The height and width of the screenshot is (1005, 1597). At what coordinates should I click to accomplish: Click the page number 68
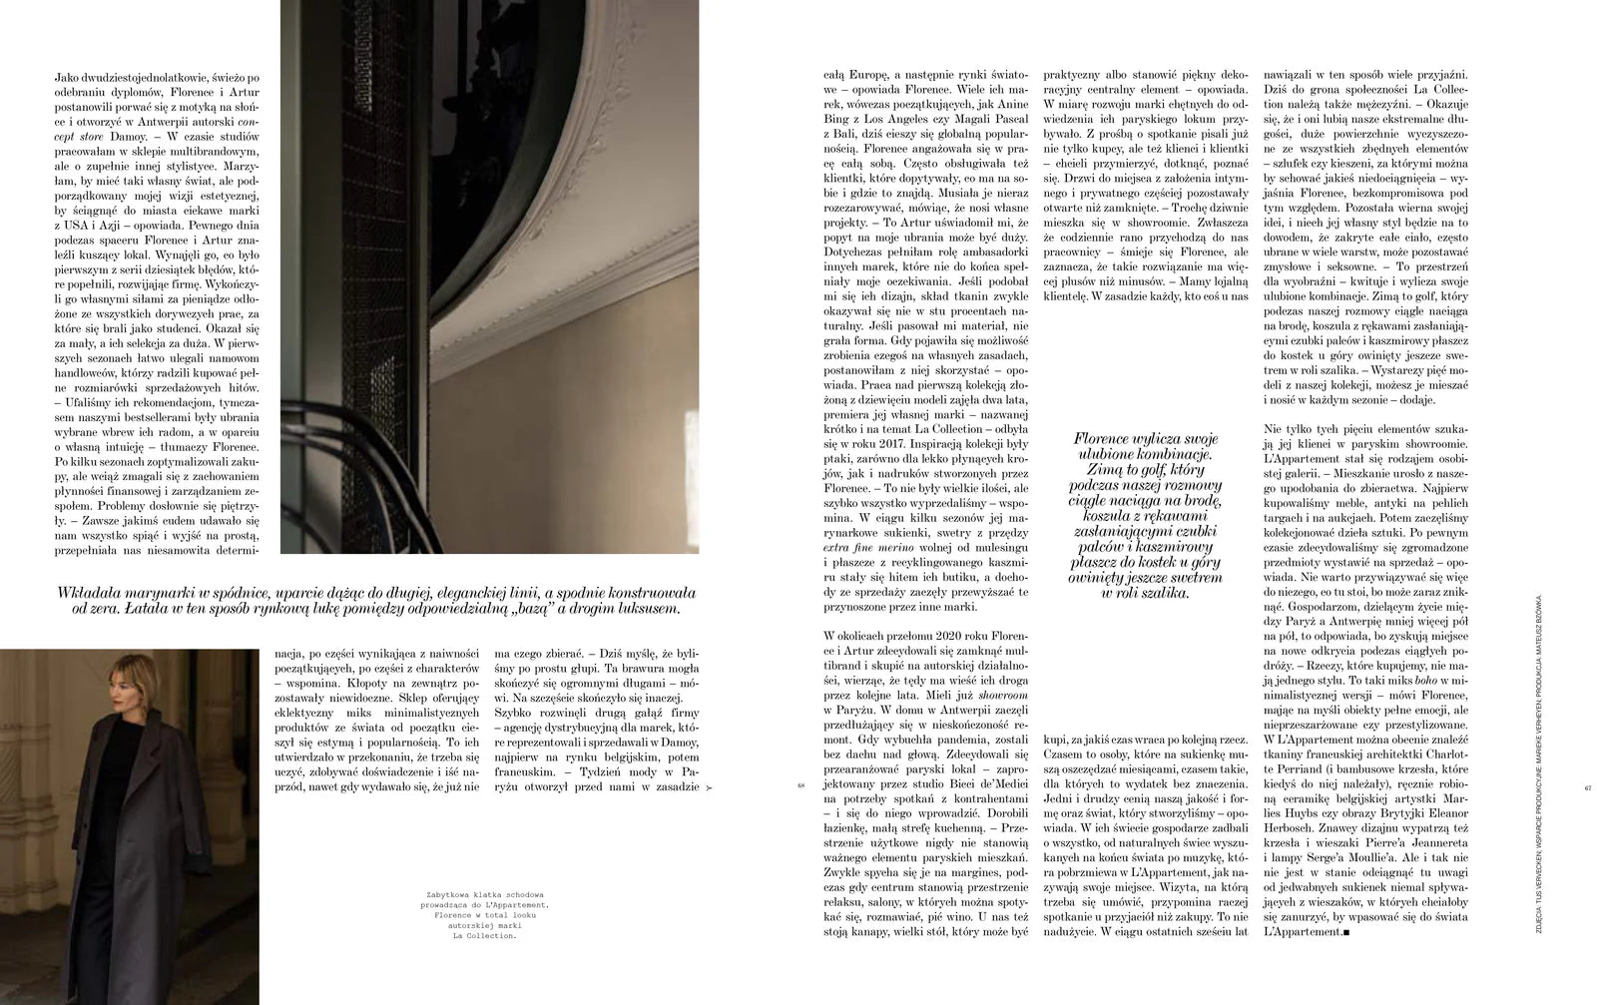coord(800,786)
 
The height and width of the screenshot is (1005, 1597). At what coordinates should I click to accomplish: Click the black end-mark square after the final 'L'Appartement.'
coord(1346,932)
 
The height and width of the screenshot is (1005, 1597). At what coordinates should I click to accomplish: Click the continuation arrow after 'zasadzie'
coord(709,787)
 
